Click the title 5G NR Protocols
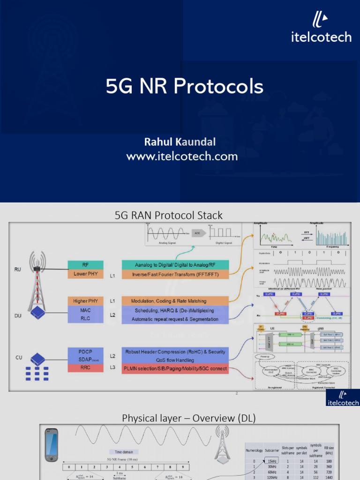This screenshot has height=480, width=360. tap(184, 87)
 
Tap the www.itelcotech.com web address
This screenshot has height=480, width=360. tap(182, 157)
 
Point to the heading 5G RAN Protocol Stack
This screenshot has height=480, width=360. tap(169, 216)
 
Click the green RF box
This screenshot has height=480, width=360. tap(85, 265)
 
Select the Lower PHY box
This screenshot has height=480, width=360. tap(85, 274)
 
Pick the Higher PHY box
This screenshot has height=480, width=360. tap(85, 300)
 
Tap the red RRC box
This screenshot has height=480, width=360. tap(85, 368)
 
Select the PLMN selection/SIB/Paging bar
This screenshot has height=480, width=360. tap(175, 368)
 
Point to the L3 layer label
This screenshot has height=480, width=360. tap(112, 368)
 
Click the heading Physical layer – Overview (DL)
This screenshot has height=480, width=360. tap(189, 418)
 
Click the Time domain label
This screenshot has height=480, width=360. tap(125, 452)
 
